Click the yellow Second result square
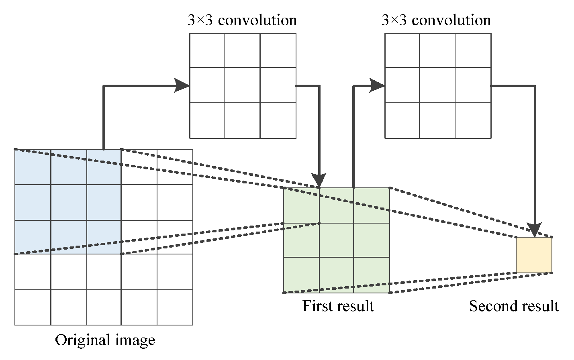coord(534,255)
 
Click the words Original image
coord(105,340)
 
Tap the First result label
coord(338,306)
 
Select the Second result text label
coord(514,306)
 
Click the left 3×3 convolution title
coord(242,20)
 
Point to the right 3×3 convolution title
coord(436,20)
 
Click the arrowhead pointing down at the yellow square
coord(535,230)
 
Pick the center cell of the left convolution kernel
coord(242,85)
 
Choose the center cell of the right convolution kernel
coord(437,85)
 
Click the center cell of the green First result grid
coord(337,240)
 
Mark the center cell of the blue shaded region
coord(69,202)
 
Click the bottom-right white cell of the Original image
coord(175,307)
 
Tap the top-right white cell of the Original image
coord(175,167)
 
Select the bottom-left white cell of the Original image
coord(33,307)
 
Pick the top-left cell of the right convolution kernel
coord(402,50)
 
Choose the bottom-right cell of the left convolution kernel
coord(278,120)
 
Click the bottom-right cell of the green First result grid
coord(372,275)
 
